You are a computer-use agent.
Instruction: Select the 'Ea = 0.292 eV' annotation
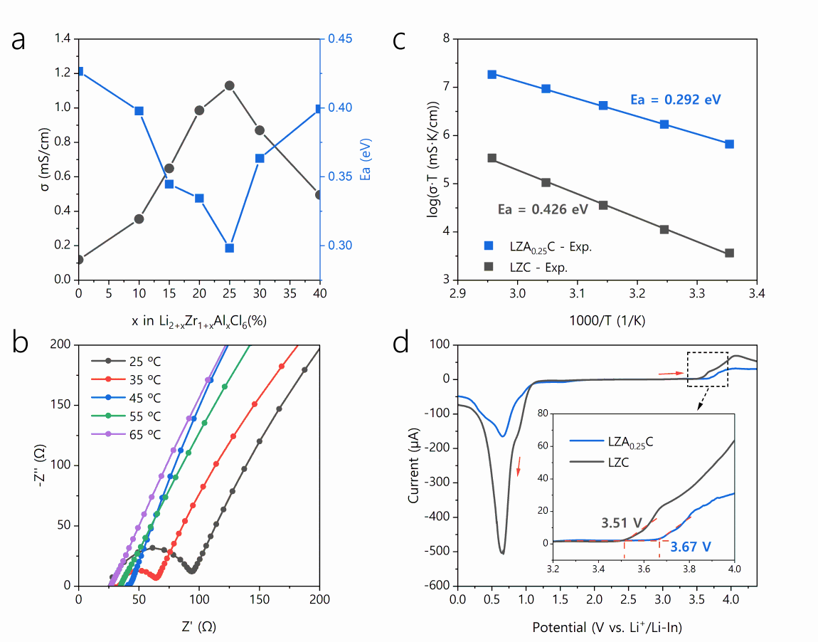click(x=676, y=100)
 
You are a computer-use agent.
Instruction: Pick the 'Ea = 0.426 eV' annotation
click(x=542, y=210)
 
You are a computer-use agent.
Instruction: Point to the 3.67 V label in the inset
click(x=691, y=547)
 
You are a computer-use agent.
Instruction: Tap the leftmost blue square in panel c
click(x=492, y=74)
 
